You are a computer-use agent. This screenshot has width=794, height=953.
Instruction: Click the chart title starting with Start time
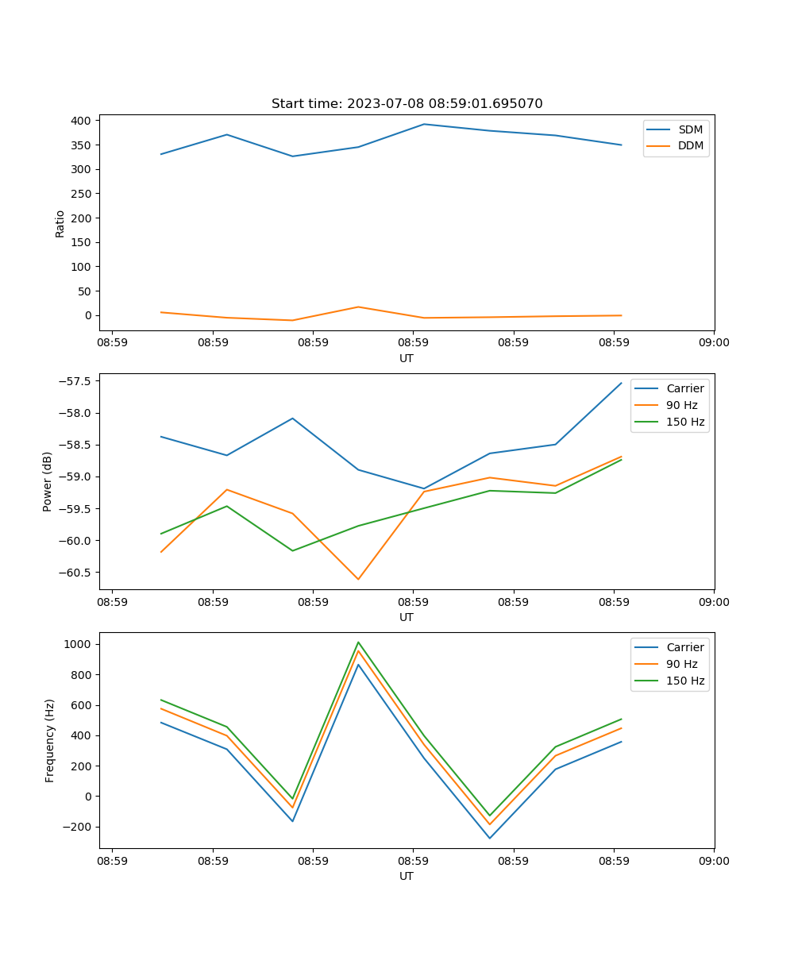tap(407, 104)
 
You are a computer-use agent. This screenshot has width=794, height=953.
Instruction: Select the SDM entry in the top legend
tap(690, 129)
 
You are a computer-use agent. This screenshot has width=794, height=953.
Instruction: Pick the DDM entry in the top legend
tap(690, 145)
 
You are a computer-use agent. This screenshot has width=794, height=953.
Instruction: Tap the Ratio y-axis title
tap(60, 223)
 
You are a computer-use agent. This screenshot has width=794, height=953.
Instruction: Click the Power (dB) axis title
tap(48, 481)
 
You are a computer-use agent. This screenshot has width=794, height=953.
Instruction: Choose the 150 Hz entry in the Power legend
tap(685, 422)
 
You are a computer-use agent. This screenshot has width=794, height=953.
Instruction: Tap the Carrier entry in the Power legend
tap(685, 388)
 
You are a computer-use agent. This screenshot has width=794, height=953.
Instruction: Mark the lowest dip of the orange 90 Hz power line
tap(358, 579)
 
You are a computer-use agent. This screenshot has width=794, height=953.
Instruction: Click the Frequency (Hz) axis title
tap(49, 740)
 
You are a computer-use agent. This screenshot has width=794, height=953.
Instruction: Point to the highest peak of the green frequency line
tap(358, 642)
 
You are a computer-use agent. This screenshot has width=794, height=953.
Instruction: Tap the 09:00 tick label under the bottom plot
tap(714, 860)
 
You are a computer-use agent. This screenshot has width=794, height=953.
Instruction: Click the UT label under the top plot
tap(407, 358)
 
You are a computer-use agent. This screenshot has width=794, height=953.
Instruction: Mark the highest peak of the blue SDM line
tap(424, 124)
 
